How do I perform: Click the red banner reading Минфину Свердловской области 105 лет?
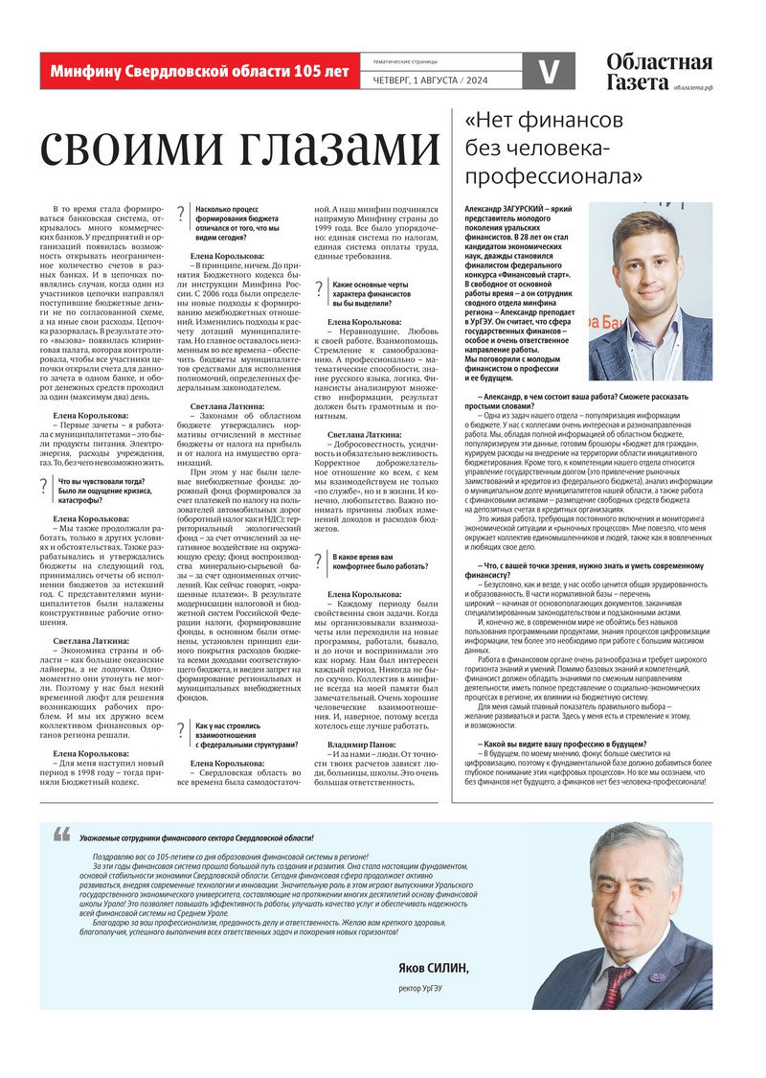tap(199, 71)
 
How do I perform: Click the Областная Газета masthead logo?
tap(659, 72)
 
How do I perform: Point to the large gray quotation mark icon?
tap(62, 836)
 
